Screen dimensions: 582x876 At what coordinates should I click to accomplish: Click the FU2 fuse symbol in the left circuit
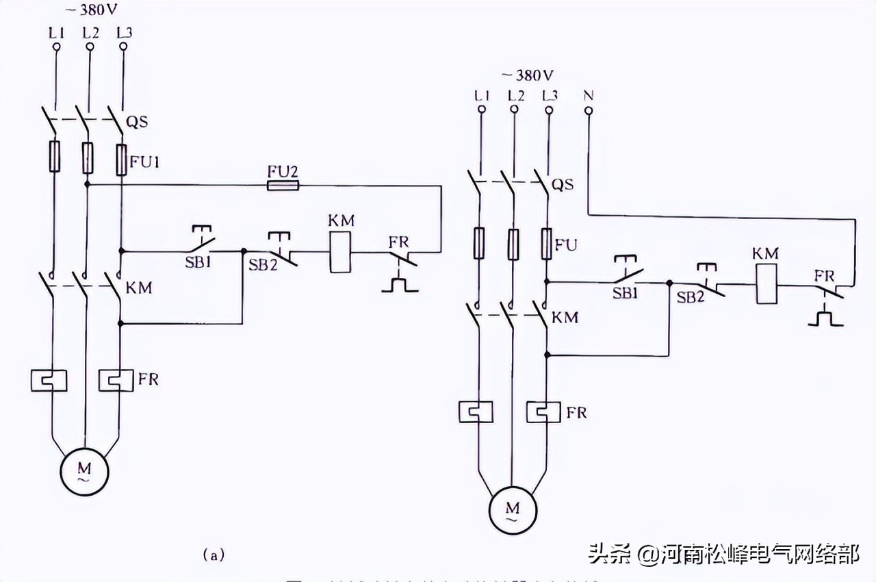tap(283, 185)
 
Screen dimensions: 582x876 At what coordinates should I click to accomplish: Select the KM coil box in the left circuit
tap(340, 252)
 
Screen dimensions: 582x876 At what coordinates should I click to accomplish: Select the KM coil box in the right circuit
tap(766, 285)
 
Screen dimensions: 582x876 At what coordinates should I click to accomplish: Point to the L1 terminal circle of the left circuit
tap(56, 47)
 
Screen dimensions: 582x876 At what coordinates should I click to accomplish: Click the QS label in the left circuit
tap(137, 123)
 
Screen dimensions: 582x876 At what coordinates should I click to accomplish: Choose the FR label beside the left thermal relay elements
tap(148, 379)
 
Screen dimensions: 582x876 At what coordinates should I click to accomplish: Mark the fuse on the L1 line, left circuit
tap(55, 156)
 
